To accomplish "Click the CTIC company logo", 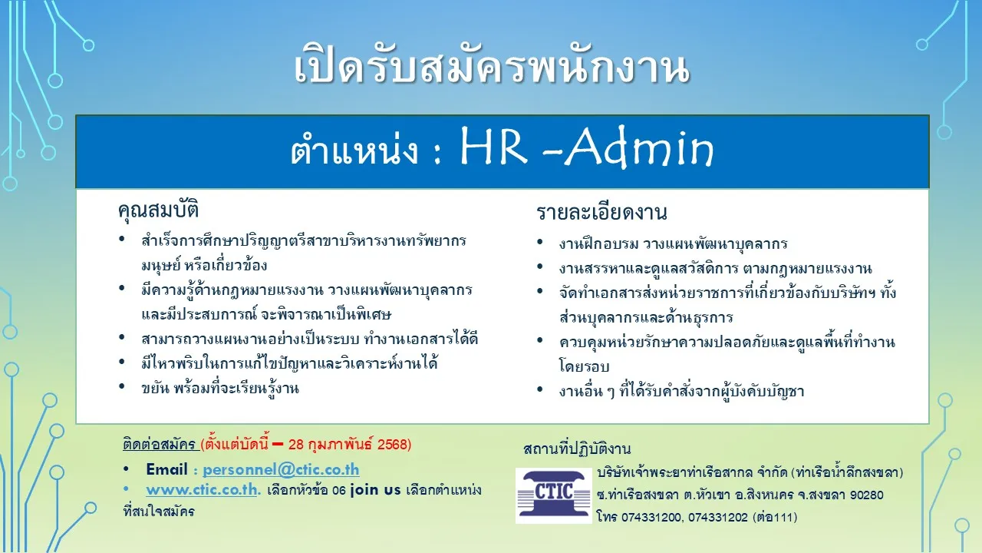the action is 554,495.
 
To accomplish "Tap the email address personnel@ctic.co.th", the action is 281,469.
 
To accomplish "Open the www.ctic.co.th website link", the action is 203,490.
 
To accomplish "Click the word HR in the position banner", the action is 493,147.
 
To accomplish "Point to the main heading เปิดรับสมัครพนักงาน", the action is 492,68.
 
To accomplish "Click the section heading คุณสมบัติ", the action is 158,210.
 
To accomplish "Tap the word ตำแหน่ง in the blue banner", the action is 354,150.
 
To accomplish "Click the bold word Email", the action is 166,469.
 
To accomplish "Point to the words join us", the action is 376,489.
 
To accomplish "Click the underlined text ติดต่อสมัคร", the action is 159,444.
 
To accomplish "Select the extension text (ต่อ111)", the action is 775,518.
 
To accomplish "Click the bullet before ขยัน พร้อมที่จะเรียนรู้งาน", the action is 122,386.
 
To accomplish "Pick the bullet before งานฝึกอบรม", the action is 540,242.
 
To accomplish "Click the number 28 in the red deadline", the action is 296,445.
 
